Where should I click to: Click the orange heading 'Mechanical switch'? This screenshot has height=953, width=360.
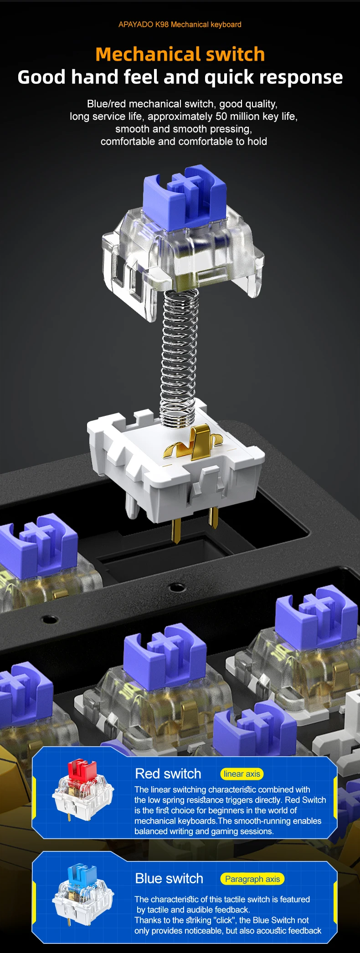pos(180,54)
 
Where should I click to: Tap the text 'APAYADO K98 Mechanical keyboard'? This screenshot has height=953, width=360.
pos(180,25)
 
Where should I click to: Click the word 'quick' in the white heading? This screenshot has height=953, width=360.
pos(231,78)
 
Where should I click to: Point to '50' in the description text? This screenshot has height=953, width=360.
pos(221,117)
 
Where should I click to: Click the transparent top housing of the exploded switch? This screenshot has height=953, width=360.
pos(182,255)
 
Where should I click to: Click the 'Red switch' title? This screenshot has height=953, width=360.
pos(168,774)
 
